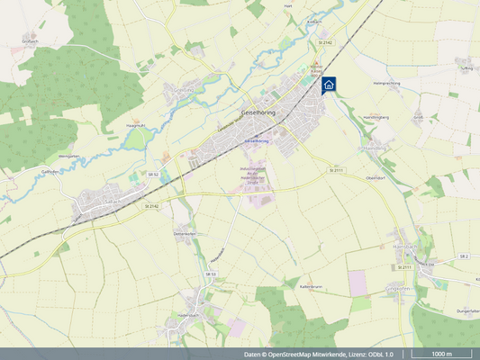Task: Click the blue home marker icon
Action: (x=329, y=85)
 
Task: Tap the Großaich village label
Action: (x=29, y=40)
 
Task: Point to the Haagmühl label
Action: (x=136, y=126)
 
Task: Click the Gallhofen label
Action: (x=49, y=170)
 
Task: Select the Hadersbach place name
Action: (x=187, y=316)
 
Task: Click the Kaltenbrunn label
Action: (x=311, y=287)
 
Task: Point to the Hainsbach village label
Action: (x=406, y=245)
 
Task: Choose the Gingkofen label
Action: (x=398, y=288)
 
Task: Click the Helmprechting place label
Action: (x=387, y=83)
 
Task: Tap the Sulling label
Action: (x=466, y=67)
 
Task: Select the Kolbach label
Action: (x=314, y=21)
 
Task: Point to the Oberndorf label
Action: (x=376, y=177)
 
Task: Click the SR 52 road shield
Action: (x=153, y=174)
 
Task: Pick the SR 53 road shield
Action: (x=212, y=274)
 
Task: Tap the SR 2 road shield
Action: (x=464, y=256)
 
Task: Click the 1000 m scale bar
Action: (x=441, y=354)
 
